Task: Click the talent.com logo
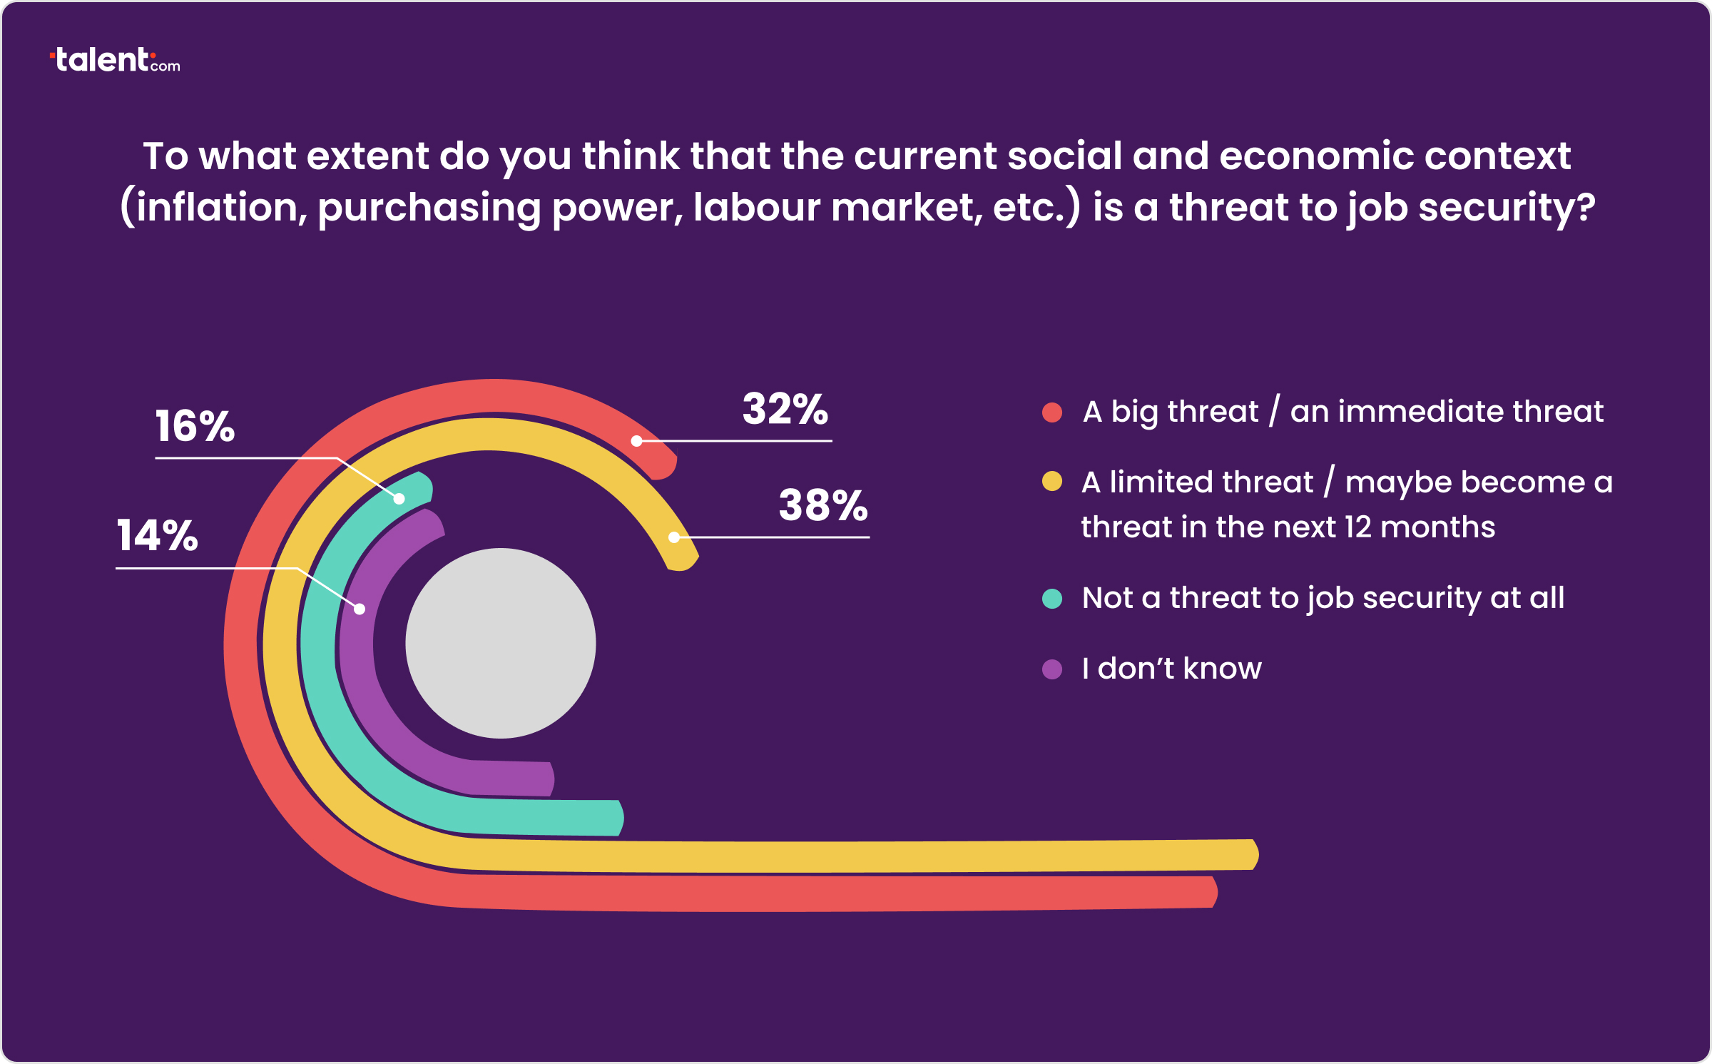pos(115,61)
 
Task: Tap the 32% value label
pos(785,410)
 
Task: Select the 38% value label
pos(823,506)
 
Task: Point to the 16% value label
pos(195,427)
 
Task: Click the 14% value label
pos(157,536)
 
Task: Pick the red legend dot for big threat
pos(1052,412)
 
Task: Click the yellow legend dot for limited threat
pos(1052,482)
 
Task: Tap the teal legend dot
pos(1052,598)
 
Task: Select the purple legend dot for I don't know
pos(1052,669)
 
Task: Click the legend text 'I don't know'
pos(1171,669)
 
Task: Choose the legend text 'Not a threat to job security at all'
pos(1323,598)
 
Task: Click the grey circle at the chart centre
pos(501,643)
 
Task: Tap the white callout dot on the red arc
pos(637,441)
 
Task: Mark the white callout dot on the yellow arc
pos(674,537)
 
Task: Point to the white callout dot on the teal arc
pos(399,499)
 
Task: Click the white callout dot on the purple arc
pos(360,609)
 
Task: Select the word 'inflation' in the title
pos(217,208)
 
